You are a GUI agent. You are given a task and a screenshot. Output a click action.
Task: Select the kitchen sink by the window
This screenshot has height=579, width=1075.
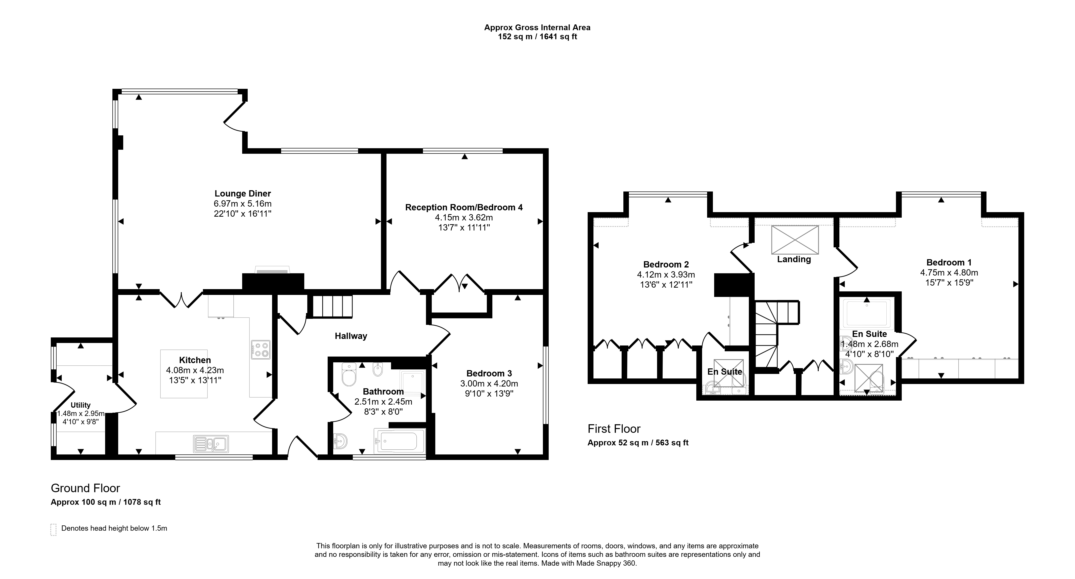211,444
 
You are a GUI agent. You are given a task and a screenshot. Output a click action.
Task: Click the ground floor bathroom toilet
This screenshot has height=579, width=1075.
349,375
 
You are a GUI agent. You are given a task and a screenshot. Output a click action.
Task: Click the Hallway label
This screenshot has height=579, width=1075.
351,336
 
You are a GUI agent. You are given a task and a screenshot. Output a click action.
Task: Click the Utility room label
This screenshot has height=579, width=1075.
80,405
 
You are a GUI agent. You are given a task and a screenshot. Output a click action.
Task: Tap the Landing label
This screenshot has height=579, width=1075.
794,259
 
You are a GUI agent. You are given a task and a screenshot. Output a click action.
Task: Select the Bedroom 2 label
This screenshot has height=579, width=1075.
666,264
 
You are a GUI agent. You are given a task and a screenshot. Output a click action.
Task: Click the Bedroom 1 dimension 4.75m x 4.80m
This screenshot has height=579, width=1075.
949,273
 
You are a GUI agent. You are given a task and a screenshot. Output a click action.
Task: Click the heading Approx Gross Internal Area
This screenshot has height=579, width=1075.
537,27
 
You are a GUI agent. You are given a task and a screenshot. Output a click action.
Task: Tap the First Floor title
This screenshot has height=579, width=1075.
614,429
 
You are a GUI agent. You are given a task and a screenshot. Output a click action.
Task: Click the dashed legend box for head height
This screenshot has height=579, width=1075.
53,529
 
